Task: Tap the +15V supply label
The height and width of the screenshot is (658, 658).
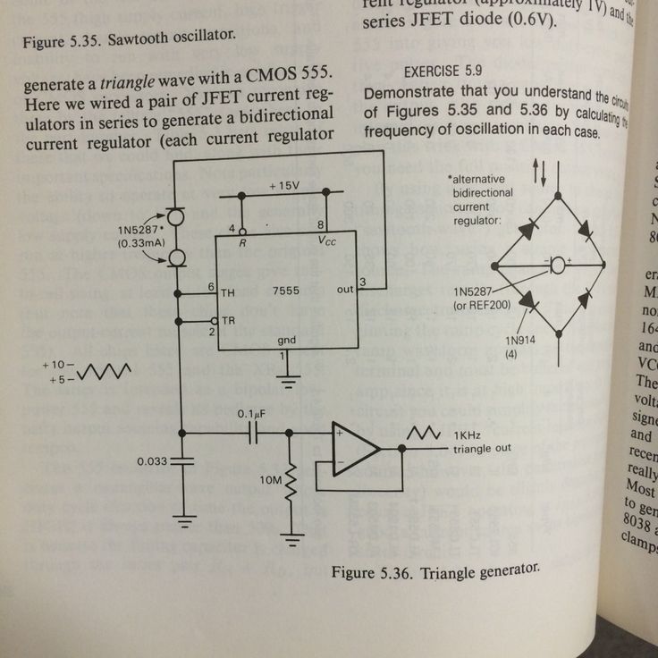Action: tap(284, 186)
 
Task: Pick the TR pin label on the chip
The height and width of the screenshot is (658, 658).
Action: tap(229, 321)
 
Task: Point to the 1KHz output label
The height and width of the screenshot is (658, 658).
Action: tap(470, 435)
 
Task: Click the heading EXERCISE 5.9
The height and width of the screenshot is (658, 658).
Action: tap(445, 71)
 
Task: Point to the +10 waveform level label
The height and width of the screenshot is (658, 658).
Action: tap(55, 366)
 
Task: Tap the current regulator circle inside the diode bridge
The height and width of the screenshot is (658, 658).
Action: tap(558, 265)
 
